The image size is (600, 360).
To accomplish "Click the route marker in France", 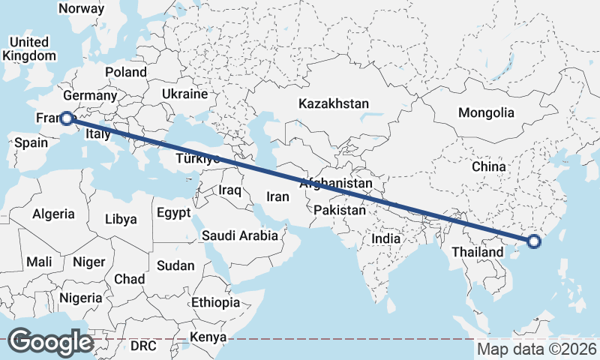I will click(66, 118).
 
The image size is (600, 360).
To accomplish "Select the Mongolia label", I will click(486, 113).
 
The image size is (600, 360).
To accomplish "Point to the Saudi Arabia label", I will click(240, 235).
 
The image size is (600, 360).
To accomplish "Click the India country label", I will click(386, 238).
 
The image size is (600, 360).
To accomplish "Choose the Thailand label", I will click(477, 252).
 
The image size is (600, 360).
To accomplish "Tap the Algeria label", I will click(53, 214).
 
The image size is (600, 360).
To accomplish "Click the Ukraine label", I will click(184, 94).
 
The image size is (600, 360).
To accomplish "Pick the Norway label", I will click(81, 8).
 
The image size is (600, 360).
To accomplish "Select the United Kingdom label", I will click(29, 49).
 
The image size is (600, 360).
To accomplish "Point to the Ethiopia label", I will click(215, 302).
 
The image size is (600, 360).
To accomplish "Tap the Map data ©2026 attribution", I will click(537, 349).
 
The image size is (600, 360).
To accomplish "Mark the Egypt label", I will click(173, 213).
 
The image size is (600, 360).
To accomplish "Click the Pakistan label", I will click(340, 210).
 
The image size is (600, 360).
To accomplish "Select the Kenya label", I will click(208, 337).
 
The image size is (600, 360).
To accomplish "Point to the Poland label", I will click(126, 72).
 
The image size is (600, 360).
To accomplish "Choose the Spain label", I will click(31, 142).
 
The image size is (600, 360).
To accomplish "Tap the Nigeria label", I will click(80, 297).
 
